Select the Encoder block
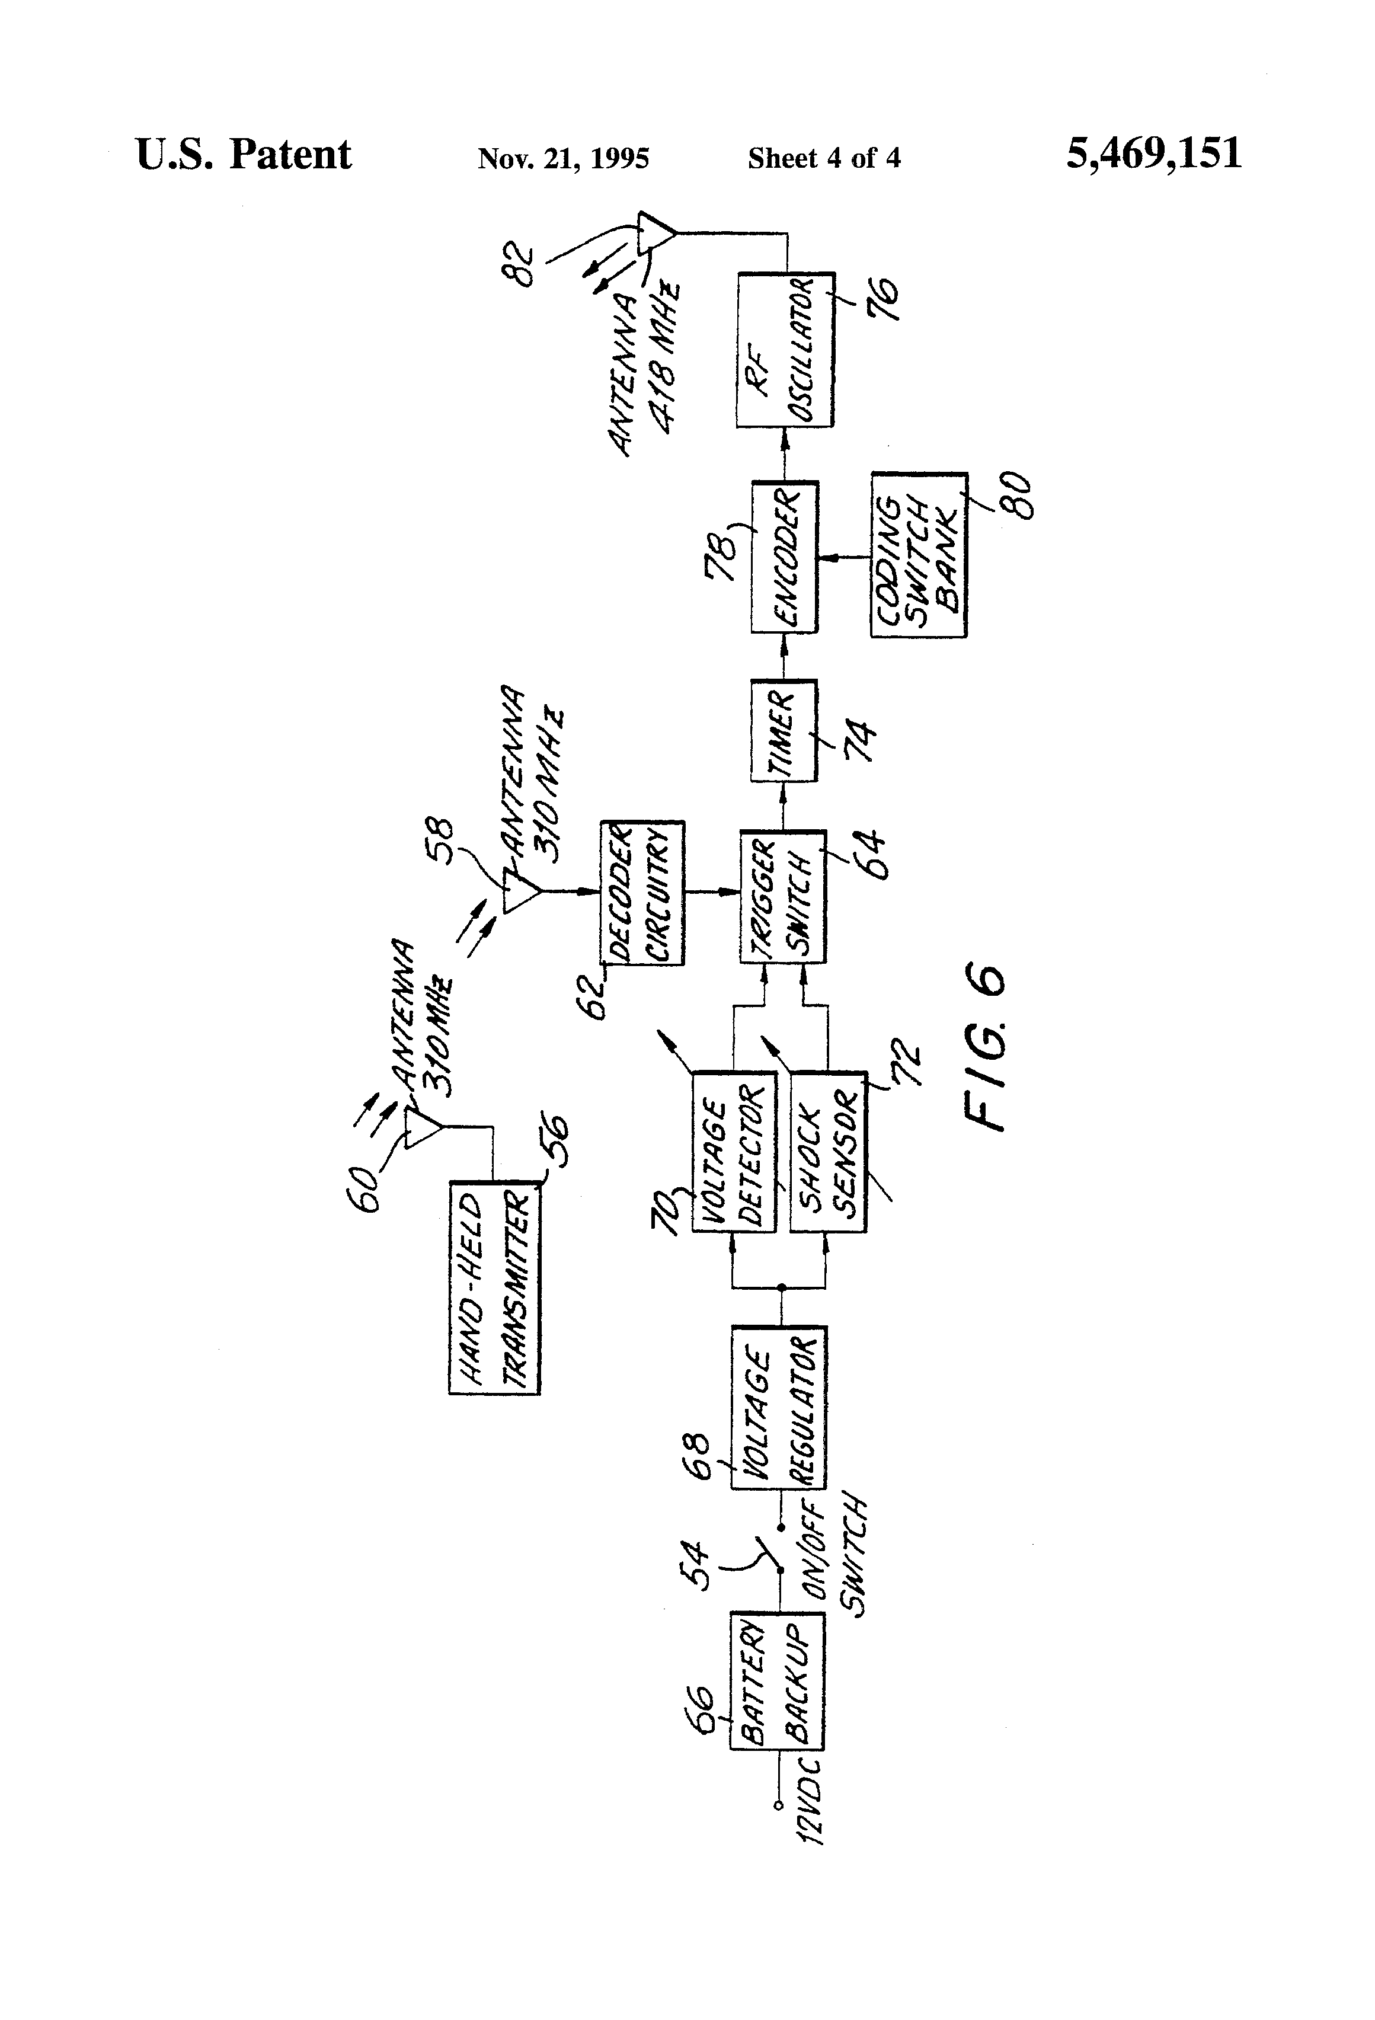784,557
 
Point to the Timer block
783,731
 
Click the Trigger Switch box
782,897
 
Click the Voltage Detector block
734,1152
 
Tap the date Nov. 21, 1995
563,158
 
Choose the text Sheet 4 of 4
824,158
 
